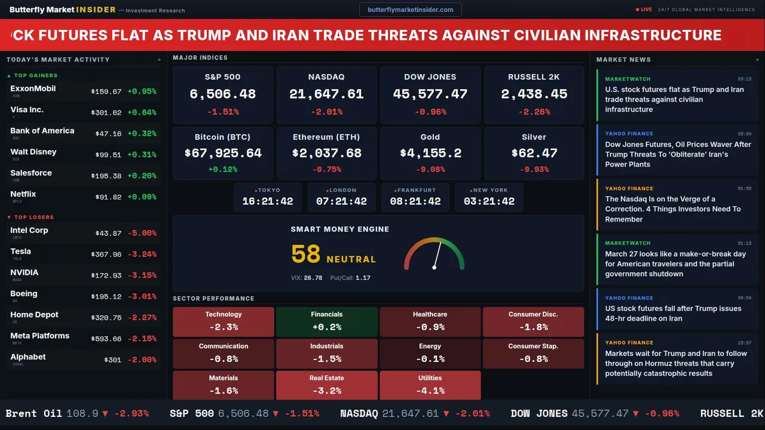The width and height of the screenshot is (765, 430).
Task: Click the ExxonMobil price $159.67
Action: [x=106, y=92]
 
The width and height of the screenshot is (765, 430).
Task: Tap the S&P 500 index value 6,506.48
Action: [x=222, y=94]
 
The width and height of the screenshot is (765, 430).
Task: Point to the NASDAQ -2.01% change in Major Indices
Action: [x=326, y=112]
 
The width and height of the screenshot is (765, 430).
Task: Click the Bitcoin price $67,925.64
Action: [x=222, y=153]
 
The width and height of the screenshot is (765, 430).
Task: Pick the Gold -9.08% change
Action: [x=430, y=170]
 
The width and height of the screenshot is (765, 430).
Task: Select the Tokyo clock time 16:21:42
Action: [x=267, y=202]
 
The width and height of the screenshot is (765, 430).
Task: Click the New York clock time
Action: [x=489, y=202]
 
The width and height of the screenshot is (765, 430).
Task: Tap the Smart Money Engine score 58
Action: [x=306, y=254]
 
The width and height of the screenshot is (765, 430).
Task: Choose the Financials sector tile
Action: [x=326, y=322]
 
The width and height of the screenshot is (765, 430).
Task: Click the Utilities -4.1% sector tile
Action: [x=430, y=385]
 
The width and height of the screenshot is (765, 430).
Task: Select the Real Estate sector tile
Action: [x=326, y=385]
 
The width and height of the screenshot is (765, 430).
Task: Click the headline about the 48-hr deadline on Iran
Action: [x=673, y=314]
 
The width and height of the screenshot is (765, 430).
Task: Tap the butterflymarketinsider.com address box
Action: [x=410, y=10]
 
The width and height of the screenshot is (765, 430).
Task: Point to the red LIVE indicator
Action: [x=644, y=10]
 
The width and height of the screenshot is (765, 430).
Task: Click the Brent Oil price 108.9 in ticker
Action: [x=82, y=413]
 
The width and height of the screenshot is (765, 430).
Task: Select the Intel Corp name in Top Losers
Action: [x=29, y=231]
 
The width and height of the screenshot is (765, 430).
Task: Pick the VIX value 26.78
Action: [x=313, y=278]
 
